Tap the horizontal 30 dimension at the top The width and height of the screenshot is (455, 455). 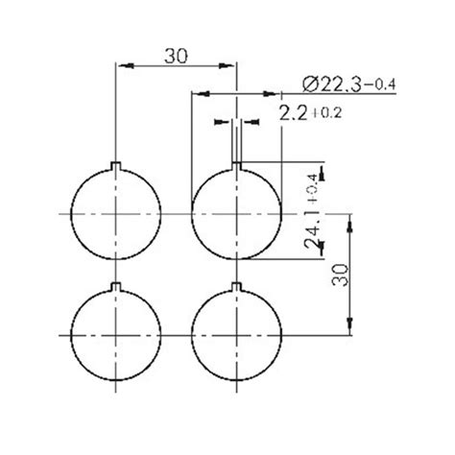pos(175,56)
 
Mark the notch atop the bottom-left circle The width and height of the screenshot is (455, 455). pos(116,287)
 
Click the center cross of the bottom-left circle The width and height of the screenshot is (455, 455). pos(116,333)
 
